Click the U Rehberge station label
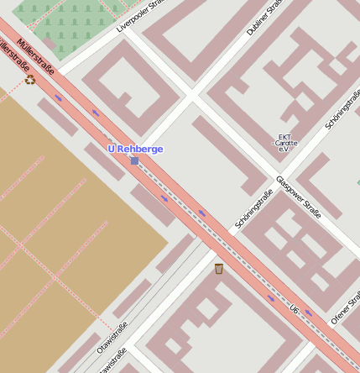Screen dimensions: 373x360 click(135, 149)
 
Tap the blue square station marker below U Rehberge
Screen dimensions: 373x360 click(134, 160)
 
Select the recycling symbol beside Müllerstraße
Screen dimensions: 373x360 click(31, 80)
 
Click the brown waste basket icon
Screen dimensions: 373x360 click(218, 269)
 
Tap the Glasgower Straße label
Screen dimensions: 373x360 click(298, 197)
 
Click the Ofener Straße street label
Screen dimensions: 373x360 click(344, 308)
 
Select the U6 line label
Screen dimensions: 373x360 click(294, 310)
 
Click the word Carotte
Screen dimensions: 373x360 click(286, 143)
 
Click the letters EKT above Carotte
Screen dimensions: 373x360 click(285, 136)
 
